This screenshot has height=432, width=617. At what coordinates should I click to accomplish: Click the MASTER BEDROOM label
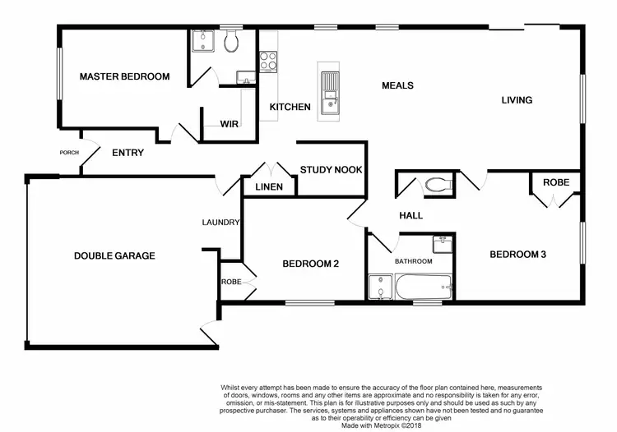[124, 76]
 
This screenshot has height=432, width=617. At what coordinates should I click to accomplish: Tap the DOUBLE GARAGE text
[114, 255]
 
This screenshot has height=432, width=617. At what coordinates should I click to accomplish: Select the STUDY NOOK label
[331, 170]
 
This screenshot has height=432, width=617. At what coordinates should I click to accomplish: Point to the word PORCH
[68, 153]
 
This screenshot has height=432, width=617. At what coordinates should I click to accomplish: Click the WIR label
[229, 124]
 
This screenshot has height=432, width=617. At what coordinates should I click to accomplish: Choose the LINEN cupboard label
[269, 187]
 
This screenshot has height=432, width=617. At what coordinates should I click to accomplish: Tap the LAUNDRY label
[221, 222]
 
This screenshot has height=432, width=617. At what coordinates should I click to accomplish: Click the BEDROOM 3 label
[518, 255]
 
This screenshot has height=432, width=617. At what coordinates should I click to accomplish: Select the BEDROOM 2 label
[311, 264]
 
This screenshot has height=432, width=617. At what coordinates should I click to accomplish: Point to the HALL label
[411, 215]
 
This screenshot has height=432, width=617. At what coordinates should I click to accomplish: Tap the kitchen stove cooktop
[268, 60]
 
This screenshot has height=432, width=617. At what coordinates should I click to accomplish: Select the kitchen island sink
[330, 84]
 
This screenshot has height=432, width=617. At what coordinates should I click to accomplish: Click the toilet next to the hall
[438, 186]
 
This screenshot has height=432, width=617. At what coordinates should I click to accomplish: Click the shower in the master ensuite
[202, 41]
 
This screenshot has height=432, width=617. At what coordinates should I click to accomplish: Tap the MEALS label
[397, 85]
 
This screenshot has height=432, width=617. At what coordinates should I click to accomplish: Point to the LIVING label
[517, 100]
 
